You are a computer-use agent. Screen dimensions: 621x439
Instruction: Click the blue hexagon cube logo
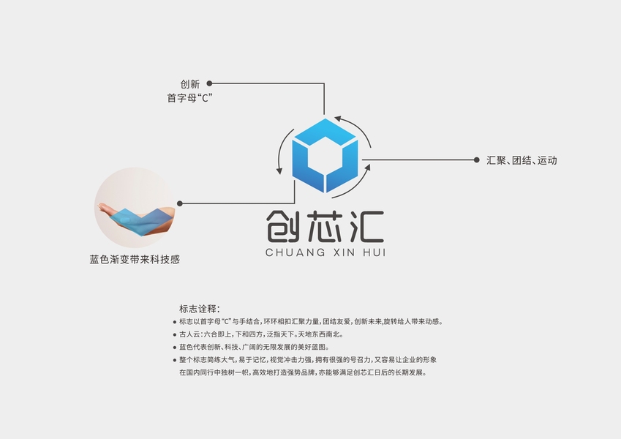point(325,156)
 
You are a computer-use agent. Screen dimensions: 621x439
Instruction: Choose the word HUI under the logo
point(373,252)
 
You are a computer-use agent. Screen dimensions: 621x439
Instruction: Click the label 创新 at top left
point(189,84)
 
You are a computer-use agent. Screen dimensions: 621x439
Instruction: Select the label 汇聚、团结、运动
point(522,160)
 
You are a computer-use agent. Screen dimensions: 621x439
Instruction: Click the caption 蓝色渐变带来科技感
point(135,259)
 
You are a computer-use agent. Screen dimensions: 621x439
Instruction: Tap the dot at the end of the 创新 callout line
point(210,83)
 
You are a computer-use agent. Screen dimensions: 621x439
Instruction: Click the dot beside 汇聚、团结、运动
point(477,160)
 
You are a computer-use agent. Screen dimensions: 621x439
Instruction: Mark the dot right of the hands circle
point(180,203)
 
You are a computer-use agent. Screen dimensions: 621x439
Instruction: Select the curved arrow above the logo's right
point(355,123)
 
